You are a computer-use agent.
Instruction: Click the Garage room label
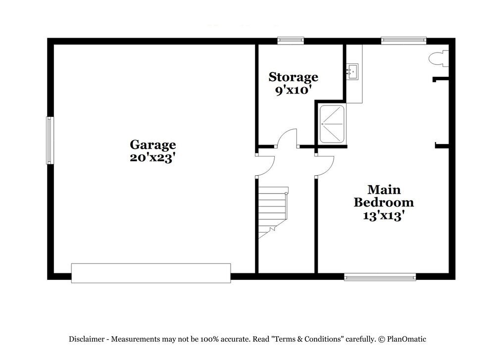click(152, 145)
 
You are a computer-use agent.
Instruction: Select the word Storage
click(293, 77)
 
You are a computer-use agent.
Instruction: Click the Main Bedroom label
click(384, 196)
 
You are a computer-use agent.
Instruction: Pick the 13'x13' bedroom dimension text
click(384, 215)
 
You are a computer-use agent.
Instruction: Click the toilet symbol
click(438, 59)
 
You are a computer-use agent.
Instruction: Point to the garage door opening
click(150, 273)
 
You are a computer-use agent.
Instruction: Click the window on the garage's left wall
click(49, 140)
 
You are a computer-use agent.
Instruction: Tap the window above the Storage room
click(290, 41)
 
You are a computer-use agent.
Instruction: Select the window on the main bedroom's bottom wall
click(380, 277)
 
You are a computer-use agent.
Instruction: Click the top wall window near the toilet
click(403, 41)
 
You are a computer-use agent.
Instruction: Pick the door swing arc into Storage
click(287, 138)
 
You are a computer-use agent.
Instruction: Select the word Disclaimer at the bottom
click(87, 339)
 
